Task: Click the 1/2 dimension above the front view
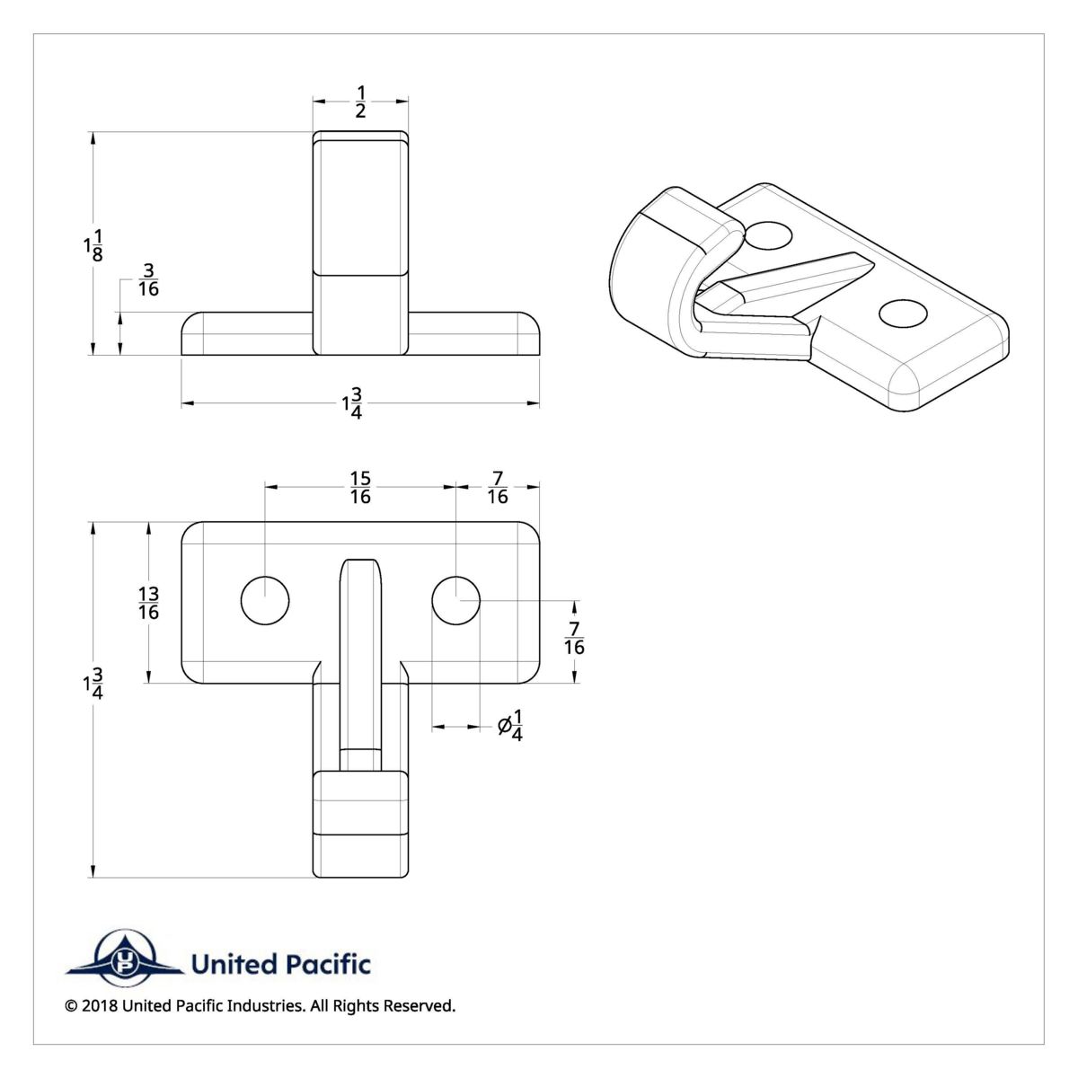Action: (x=360, y=102)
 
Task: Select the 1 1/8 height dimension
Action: (x=93, y=245)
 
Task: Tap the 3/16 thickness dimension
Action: (x=148, y=279)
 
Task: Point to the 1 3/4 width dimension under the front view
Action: (x=352, y=403)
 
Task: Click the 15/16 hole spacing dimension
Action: (x=360, y=487)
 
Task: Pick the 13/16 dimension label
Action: (x=148, y=602)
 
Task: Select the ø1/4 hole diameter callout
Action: (x=510, y=725)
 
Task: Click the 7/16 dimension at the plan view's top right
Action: (x=498, y=487)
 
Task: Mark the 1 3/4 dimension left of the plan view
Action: (x=93, y=684)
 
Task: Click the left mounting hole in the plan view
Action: (x=265, y=600)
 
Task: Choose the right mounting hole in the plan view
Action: (x=456, y=600)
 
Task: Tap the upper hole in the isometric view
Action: (x=769, y=236)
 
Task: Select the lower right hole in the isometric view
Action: (x=902, y=314)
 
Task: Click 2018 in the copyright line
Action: (x=98, y=1006)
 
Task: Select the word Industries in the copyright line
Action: (x=266, y=1006)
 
